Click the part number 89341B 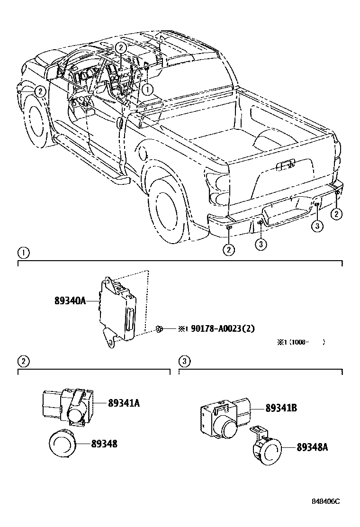click(281, 407)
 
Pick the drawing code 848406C click(326, 514)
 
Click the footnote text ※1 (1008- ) click(301, 342)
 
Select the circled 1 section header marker click(23, 252)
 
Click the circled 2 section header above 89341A click(23, 362)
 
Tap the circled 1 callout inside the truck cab click(148, 88)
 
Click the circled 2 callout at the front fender click(41, 91)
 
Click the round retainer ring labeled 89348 click(63, 444)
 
